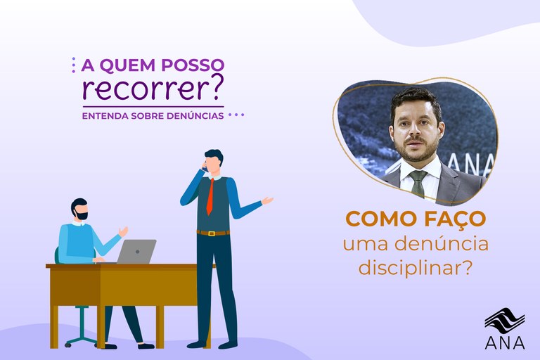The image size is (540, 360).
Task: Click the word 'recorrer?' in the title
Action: (x=152, y=89)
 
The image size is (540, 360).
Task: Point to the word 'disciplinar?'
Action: (x=415, y=268)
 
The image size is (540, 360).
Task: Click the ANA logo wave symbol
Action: (x=504, y=319)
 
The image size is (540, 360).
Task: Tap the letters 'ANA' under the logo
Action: (x=504, y=342)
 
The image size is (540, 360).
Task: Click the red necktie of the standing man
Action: (x=210, y=197)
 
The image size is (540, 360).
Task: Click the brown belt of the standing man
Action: (x=212, y=233)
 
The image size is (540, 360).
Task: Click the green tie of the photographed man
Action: (x=418, y=184)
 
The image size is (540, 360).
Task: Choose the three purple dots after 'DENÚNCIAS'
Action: (x=236, y=115)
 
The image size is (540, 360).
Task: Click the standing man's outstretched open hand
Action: (x=266, y=200)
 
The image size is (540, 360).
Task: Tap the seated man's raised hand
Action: (x=124, y=231)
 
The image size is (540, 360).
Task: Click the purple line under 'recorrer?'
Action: (x=153, y=106)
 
